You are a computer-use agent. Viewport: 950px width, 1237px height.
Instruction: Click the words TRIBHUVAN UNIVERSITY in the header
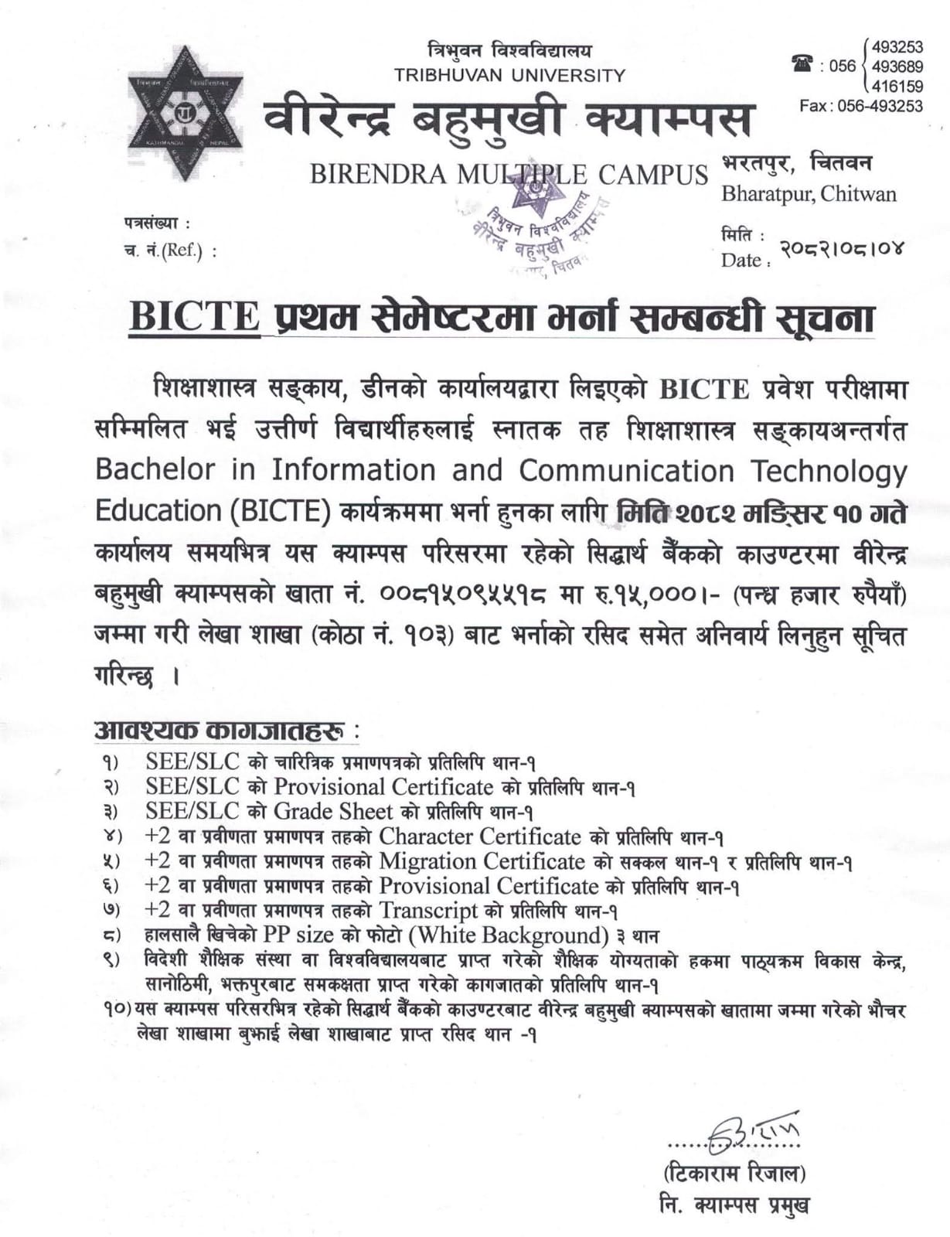click(x=509, y=75)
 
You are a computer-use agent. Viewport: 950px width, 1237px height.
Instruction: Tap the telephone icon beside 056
click(x=802, y=64)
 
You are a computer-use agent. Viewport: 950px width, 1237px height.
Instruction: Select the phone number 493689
click(x=897, y=66)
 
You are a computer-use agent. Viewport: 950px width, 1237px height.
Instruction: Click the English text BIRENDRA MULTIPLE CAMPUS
click(x=509, y=175)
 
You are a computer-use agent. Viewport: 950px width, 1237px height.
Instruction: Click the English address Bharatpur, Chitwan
click(x=809, y=193)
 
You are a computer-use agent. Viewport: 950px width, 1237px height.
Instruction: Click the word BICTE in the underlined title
click(x=194, y=317)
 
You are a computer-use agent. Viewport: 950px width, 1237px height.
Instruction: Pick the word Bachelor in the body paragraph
click(x=155, y=470)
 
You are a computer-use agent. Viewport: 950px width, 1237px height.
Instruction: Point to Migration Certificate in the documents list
click(x=482, y=860)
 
